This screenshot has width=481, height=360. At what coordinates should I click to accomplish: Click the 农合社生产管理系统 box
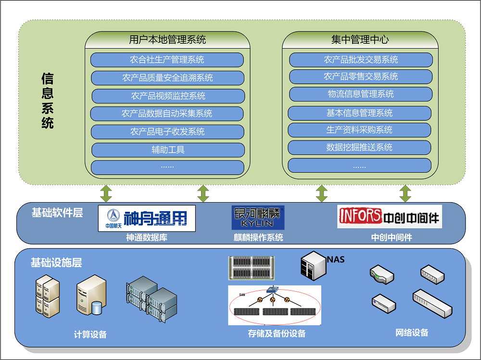[x=167, y=60]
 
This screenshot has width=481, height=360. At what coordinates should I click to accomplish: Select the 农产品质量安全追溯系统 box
[x=167, y=77]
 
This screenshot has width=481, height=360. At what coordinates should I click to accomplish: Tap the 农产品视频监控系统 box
[x=168, y=96]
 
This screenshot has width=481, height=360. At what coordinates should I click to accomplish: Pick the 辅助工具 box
[x=168, y=150]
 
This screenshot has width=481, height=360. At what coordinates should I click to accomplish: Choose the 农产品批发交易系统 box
[x=361, y=60]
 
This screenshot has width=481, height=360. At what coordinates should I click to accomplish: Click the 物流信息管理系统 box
[x=361, y=94]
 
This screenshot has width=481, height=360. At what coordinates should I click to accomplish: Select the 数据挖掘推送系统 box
[x=359, y=147]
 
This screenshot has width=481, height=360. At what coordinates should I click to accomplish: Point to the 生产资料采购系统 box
[x=359, y=130]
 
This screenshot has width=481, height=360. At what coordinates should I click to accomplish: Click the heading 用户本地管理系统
[x=167, y=39]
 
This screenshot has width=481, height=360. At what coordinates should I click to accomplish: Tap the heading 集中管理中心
[x=360, y=39]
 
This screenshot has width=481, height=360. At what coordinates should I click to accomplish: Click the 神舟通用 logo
[x=147, y=219]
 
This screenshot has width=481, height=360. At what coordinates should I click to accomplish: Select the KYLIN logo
[x=258, y=218]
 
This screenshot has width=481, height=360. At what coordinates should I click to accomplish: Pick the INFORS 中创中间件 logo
[x=389, y=217]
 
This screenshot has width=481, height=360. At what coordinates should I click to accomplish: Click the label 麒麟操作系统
[x=258, y=237]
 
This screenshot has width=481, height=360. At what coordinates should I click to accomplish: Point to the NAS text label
[x=336, y=260]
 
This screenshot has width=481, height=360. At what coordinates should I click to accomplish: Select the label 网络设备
[x=412, y=333]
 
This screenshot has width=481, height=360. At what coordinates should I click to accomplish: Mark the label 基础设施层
[x=56, y=263]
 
